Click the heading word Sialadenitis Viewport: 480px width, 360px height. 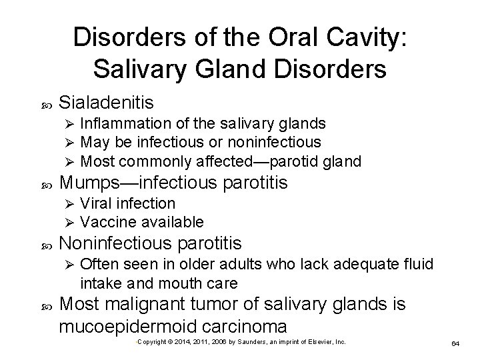point(107,103)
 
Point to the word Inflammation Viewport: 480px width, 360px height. point(122,123)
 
